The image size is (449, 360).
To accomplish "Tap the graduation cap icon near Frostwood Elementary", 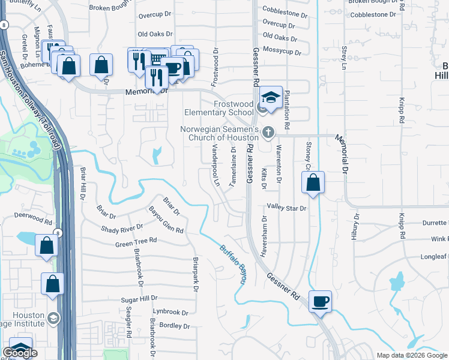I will coord(271,98).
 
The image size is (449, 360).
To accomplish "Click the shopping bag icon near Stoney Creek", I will coord(313,184).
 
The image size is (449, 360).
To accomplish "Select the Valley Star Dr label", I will coord(287,208).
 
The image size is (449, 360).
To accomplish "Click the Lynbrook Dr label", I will coord(170,313).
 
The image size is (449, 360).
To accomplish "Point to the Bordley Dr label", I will coord(175,326).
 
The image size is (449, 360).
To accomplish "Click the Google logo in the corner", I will coord(20,353).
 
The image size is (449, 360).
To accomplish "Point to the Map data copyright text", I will coord(412,355).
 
